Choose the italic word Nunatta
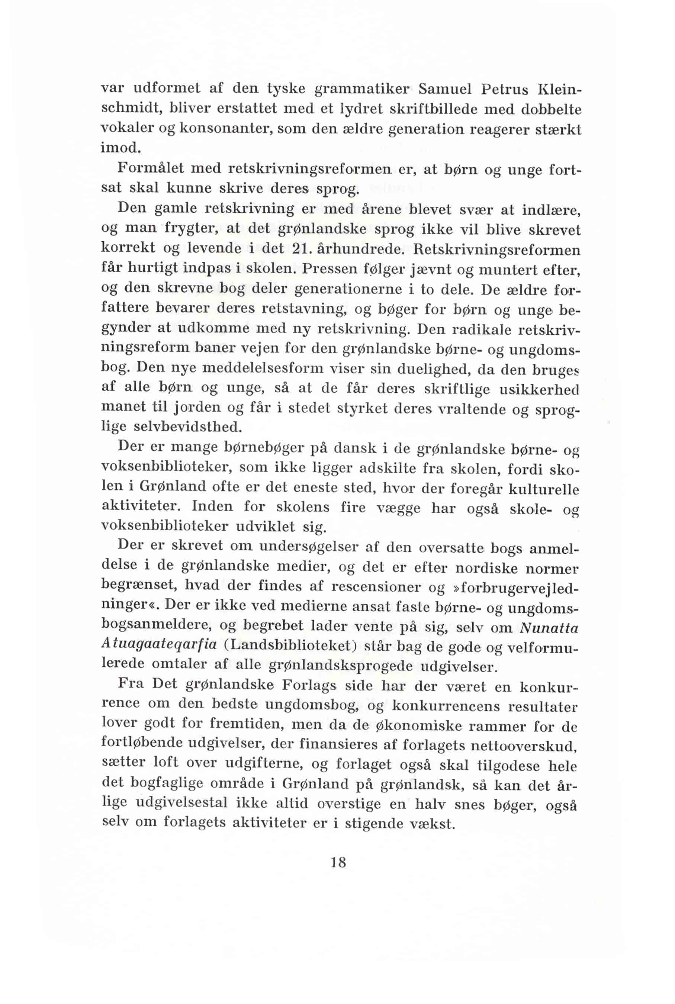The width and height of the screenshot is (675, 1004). (x=549, y=628)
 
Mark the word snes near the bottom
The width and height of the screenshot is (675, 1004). (x=469, y=805)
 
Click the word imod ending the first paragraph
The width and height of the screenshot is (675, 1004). (x=120, y=148)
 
